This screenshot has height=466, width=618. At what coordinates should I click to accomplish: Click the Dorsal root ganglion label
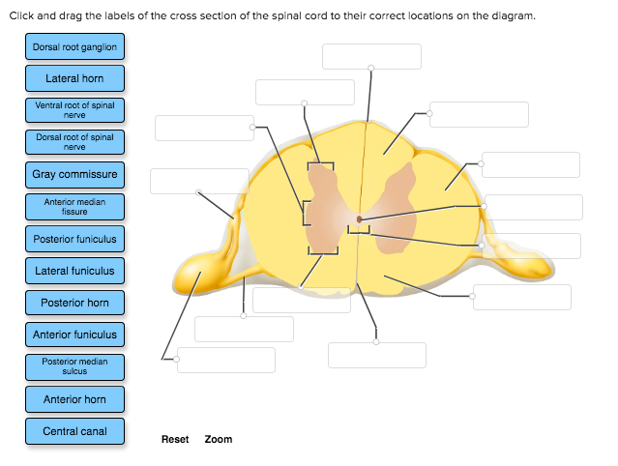click(x=74, y=46)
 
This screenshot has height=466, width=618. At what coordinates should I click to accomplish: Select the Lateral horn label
click(x=74, y=77)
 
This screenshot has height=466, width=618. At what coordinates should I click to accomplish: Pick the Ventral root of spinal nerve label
click(x=74, y=109)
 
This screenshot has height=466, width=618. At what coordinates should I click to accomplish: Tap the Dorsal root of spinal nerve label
click(x=74, y=142)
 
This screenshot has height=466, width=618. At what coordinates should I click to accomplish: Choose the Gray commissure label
click(x=74, y=174)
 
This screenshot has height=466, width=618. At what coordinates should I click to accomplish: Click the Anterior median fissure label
click(x=74, y=206)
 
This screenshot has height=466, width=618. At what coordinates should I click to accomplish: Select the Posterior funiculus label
click(x=74, y=239)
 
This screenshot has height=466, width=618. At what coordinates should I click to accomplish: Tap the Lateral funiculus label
click(x=74, y=271)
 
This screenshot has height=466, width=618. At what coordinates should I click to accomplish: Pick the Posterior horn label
click(x=74, y=303)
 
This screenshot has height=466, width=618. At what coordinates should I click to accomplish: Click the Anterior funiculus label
click(x=74, y=335)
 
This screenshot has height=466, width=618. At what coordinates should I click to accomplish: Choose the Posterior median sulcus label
click(x=74, y=366)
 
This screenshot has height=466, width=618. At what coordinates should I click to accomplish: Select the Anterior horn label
click(x=74, y=399)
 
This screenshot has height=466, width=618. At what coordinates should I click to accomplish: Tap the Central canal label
click(x=74, y=431)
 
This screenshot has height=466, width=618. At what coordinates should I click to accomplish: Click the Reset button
click(x=175, y=439)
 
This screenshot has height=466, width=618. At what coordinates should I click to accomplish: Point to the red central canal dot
click(x=359, y=219)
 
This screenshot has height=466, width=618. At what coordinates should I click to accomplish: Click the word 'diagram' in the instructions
click(x=514, y=16)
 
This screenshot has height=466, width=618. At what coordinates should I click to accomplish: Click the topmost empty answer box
click(x=371, y=56)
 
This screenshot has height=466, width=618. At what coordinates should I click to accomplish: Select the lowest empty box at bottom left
click(x=226, y=360)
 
